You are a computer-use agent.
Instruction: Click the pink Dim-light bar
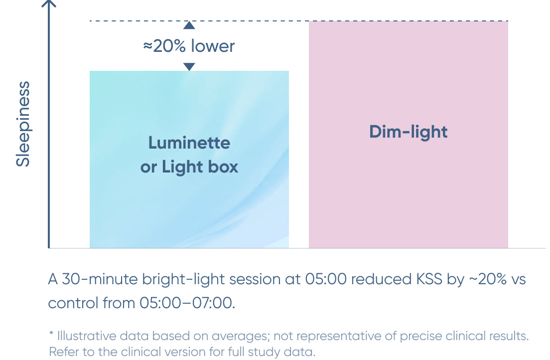click(409, 135)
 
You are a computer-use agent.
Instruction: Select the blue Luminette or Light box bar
click(189, 160)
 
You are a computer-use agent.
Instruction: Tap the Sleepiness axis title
click(23, 124)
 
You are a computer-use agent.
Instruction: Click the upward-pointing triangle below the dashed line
click(189, 25)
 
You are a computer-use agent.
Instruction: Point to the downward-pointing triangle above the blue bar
click(189, 67)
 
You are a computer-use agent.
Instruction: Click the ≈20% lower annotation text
click(189, 46)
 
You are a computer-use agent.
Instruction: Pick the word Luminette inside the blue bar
click(189, 143)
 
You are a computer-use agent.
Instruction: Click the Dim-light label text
click(409, 132)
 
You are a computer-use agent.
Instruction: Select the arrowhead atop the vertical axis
click(49, 3)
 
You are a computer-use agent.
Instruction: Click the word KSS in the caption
click(429, 279)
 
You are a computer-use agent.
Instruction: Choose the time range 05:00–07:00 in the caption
click(187, 303)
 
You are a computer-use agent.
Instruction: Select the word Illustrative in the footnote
click(87, 336)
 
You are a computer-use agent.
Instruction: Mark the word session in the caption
click(255, 279)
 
